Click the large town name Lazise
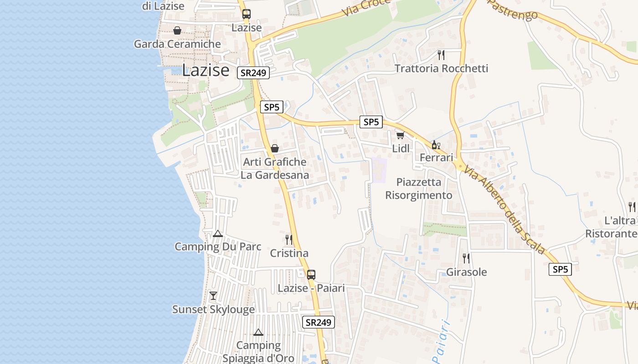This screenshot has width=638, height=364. click(x=206, y=70)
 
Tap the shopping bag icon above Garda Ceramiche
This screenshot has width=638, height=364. click(x=177, y=30)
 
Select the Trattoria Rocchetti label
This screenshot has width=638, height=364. click(x=441, y=68)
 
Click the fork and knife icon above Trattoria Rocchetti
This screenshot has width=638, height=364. click(x=441, y=55)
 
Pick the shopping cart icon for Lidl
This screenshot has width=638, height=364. click(x=400, y=135)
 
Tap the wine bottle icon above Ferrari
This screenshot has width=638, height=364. click(x=436, y=145)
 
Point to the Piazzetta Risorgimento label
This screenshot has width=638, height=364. click(x=419, y=188)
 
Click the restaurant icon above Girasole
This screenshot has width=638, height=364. click(x=466, y=258)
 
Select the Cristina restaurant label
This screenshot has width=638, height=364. click(x=289, y=253)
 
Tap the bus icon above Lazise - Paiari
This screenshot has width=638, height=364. click(x=311, y=275)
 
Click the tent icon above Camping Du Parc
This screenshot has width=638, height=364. click(x=218, y=234)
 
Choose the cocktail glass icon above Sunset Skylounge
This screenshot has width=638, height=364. click(x=213, y=296)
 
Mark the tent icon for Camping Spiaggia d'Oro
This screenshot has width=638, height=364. click(x=258, y=333)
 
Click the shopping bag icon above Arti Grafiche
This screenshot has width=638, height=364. click(x=274, y=148)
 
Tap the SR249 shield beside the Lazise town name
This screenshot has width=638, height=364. click(x=253, y=73)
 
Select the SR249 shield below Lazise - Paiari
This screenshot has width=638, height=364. click(x=318, y=322)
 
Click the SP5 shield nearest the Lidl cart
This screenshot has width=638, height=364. click(x=371, y=122)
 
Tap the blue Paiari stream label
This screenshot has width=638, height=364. click(x=441, y=341)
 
